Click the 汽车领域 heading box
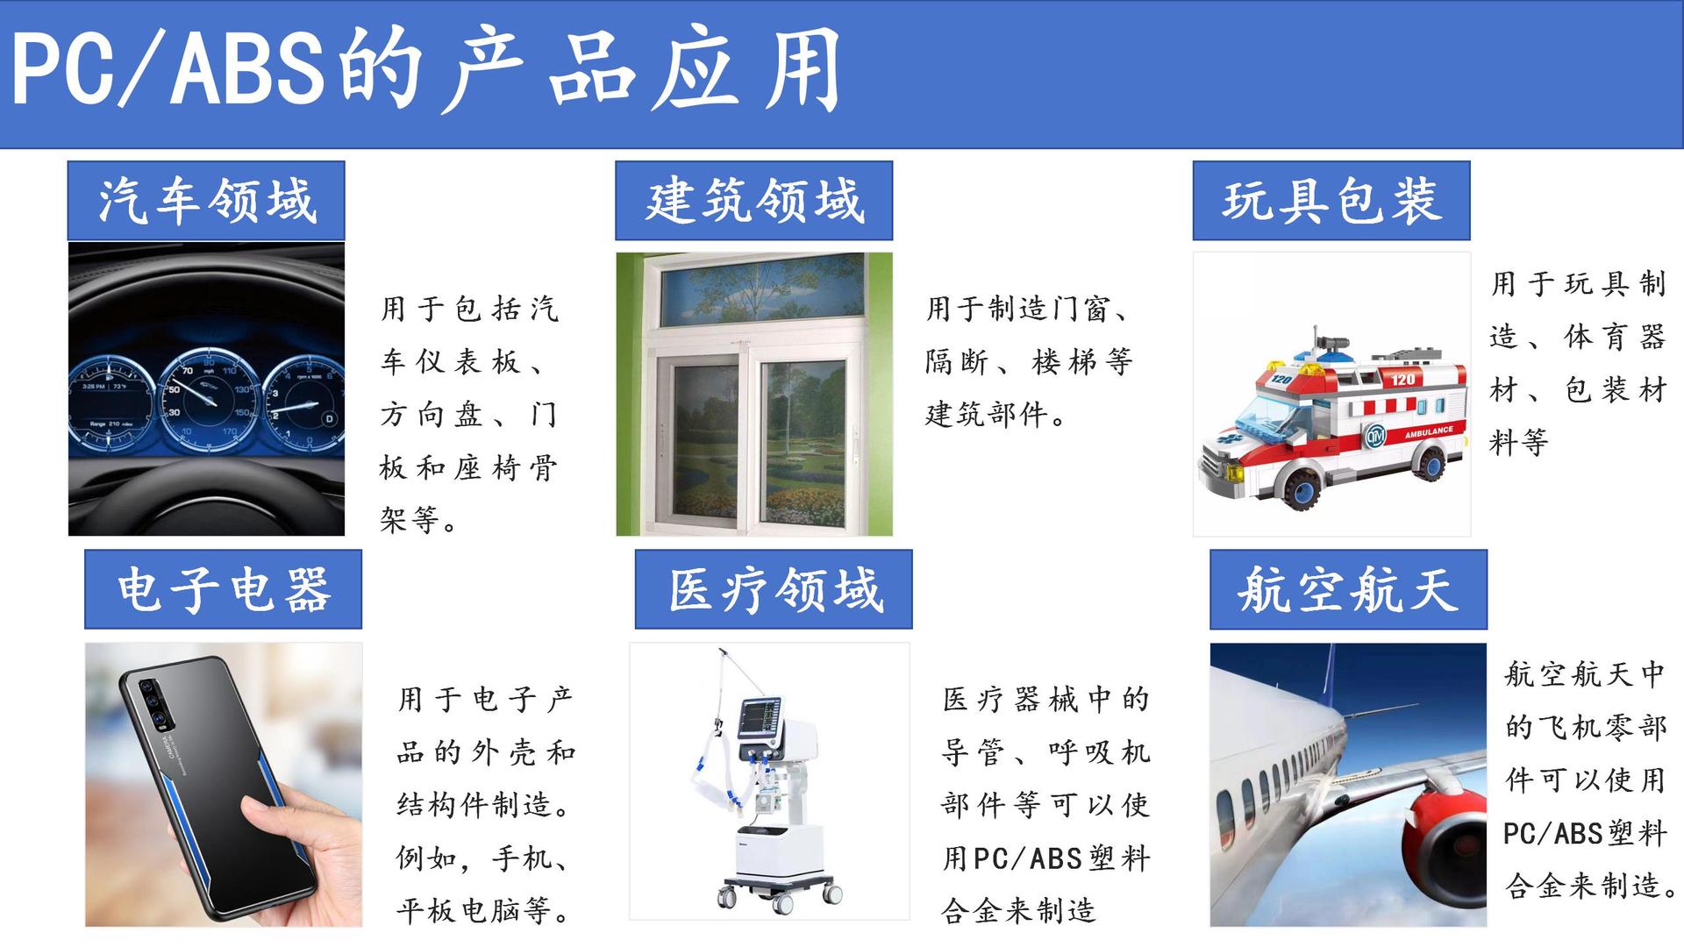206,200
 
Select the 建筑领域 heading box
753,200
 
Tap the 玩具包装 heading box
1331,200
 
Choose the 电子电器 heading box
223,589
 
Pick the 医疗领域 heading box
774,589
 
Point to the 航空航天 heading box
1348,589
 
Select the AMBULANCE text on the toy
1429,431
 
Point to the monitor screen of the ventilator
759,718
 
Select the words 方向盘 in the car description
431,415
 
